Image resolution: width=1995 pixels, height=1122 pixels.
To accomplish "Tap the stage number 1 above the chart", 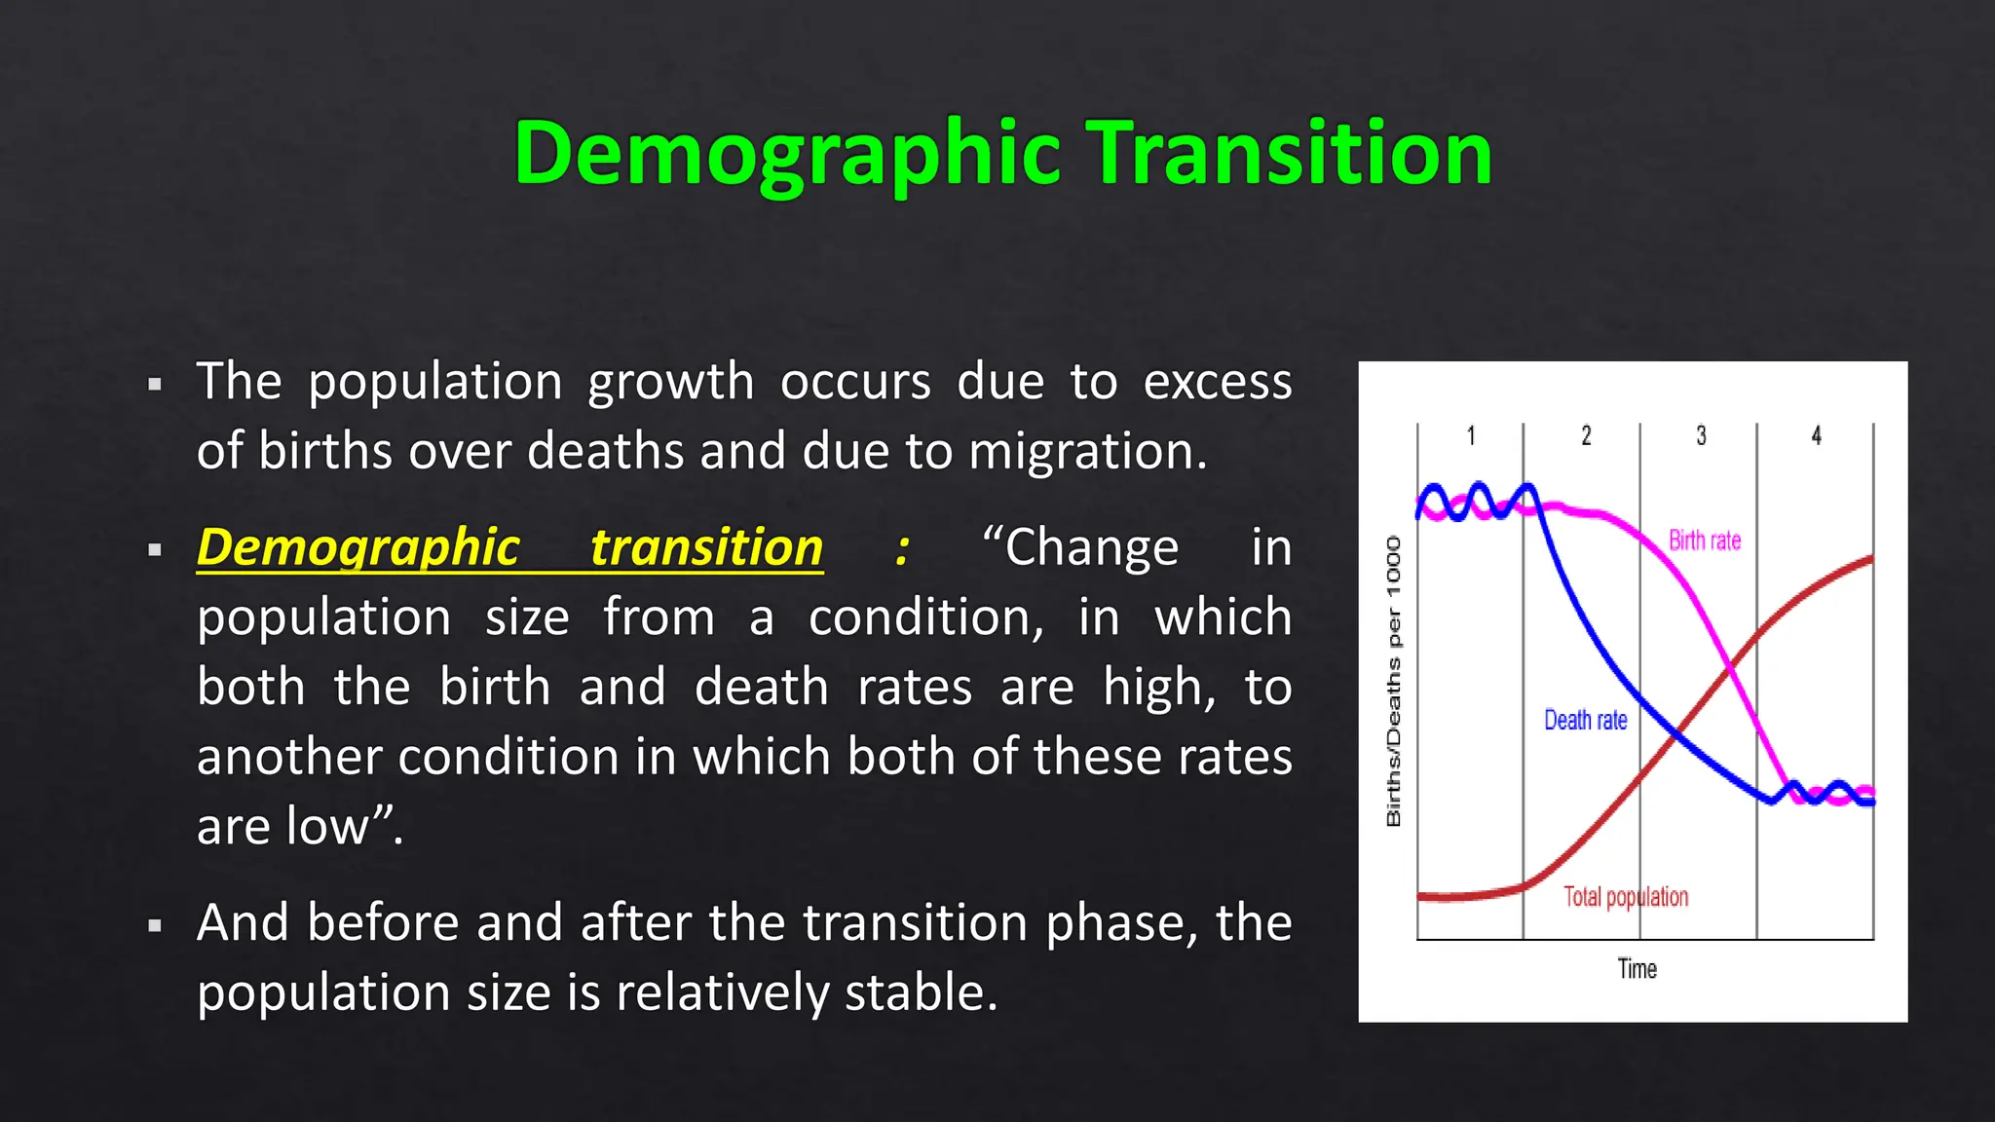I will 1471,435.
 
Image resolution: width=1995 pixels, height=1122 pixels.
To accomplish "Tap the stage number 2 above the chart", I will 1586,435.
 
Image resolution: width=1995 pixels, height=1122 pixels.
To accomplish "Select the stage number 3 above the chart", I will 1701,435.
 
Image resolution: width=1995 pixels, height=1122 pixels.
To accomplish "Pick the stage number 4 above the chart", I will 1816,435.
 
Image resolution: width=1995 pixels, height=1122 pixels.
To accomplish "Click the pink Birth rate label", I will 1704,541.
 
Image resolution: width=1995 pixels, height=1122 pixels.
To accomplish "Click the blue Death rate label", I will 1585,720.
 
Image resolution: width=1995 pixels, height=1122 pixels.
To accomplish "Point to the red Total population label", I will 1625,896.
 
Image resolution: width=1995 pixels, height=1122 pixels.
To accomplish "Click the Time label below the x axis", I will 1637,969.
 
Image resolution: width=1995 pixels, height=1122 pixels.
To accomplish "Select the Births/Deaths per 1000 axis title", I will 1393,681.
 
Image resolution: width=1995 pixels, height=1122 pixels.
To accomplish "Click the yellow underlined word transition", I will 706,547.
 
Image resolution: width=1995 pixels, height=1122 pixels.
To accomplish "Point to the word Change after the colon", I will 1091,547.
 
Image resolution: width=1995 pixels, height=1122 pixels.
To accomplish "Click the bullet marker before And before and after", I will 154,925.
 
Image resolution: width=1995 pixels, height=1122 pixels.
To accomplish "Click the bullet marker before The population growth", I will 154,385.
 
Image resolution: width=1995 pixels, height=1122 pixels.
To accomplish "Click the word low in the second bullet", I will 322,826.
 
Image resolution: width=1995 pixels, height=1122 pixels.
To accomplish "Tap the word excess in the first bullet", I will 1217,382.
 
